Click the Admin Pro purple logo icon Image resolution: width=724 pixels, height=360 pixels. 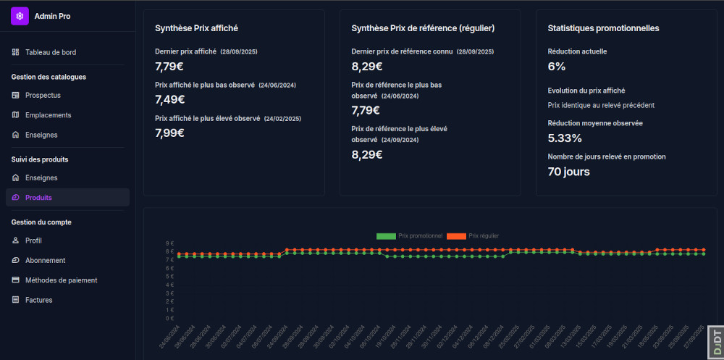20,16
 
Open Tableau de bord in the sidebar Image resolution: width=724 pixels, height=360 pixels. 50,52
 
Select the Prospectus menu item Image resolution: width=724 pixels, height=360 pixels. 43,95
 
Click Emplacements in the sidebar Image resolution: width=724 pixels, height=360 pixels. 48,115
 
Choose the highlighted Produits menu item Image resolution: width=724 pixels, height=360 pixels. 38,198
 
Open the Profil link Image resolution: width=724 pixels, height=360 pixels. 33,240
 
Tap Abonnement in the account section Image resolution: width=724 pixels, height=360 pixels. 45,260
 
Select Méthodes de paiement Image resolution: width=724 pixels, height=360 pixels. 61,280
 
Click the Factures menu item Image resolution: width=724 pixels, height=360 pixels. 38,300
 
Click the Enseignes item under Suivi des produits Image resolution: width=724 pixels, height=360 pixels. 41,177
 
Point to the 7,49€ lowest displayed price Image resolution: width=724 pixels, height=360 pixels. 170,100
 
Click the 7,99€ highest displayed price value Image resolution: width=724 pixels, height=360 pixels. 170,133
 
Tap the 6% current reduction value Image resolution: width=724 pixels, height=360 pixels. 557,67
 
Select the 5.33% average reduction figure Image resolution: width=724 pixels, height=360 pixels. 565,138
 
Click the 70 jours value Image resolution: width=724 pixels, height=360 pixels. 568,172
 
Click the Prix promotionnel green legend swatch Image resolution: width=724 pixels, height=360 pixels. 386,236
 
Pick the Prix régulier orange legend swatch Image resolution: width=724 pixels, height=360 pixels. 456,236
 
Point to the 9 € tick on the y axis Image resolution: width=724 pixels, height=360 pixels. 169,243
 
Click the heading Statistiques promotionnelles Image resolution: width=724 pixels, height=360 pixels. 603,28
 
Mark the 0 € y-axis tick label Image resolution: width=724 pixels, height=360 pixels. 169,318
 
